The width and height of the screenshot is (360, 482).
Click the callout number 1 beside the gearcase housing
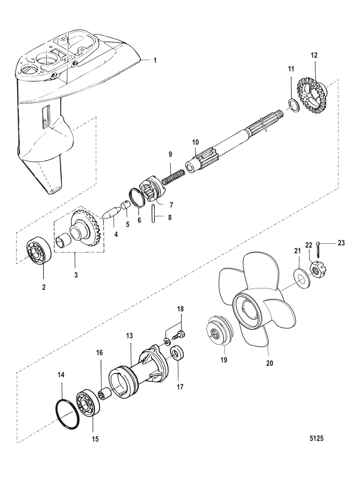pos(155,61)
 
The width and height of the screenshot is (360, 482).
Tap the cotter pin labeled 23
pos(318,249)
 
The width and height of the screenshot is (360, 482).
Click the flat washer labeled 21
pos(299,274)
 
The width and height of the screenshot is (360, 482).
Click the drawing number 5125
pos(316,438)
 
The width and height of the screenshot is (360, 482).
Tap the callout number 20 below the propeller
pos(269,363)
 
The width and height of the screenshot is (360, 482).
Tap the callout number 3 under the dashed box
pos(76,274)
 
